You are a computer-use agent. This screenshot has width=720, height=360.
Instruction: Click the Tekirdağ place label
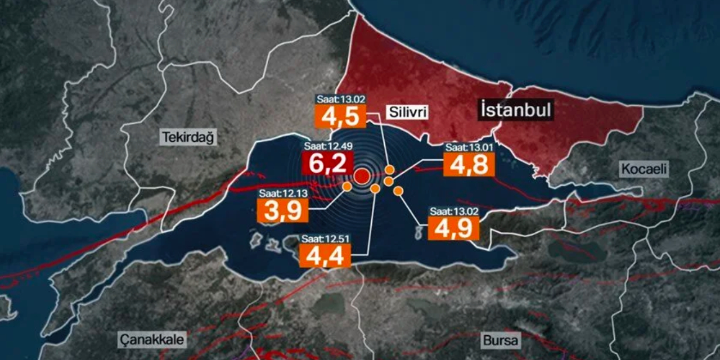[x=188, y=138]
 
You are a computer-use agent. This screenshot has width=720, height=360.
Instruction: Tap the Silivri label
[x=408, y=113]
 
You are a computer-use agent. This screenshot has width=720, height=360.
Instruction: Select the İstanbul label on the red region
[x=515, y=110]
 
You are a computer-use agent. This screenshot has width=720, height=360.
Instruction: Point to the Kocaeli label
[x=643, y=169]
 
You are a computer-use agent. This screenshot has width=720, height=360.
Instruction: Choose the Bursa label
[x=501, y=340]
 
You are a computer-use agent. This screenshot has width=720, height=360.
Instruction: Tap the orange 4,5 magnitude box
[x=340, y=117]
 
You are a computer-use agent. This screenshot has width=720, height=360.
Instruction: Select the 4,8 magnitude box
[x=469, y=164]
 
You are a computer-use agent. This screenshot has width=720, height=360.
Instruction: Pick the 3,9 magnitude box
[x=283, y=210]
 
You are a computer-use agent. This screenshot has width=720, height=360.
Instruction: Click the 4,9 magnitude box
[x=454, y=228]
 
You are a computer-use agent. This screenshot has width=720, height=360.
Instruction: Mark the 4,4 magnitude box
[x=325, y=255]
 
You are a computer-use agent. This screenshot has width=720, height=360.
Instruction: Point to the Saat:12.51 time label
[x=325, y=238]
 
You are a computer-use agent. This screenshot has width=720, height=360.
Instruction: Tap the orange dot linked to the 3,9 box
[x=347, y=186]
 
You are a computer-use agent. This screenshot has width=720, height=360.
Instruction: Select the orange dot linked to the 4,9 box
[x=398, y=191]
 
